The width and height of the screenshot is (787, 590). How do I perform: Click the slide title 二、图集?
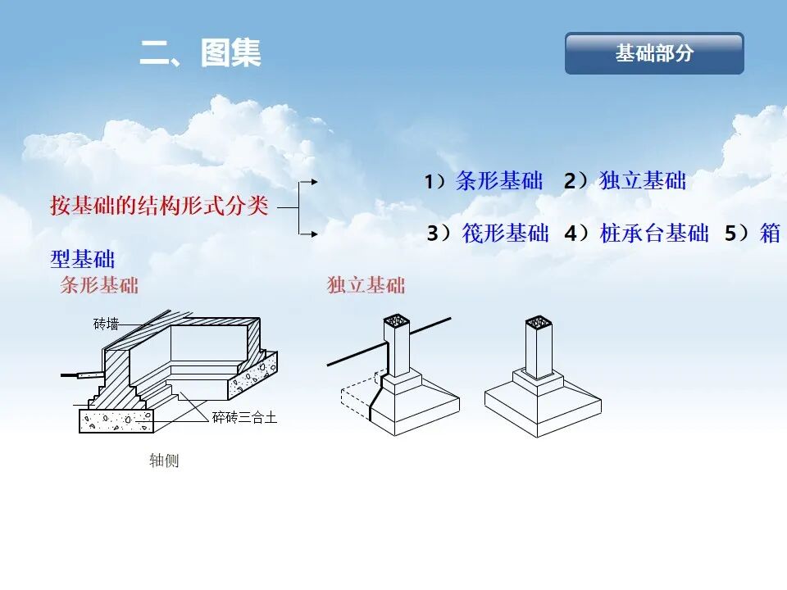tap(200, 54)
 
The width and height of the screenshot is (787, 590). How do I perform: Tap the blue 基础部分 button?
tap(654, 54)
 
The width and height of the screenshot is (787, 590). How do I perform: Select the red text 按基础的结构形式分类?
tap(159, 206)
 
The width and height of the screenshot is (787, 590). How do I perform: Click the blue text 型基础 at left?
tap(82, 260)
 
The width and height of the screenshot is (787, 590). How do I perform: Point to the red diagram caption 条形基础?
tap(99, 285)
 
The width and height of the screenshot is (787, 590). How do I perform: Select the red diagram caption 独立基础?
tap(366, 285)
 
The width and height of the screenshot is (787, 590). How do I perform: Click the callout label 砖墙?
tap(106, 324)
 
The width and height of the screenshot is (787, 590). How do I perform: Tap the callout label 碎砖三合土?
tap(244, 418)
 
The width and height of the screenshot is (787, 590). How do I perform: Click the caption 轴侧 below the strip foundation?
tap(164, 461)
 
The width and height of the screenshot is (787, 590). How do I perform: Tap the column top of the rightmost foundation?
tap(539, 321)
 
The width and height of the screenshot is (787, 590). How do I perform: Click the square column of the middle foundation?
tap(399, 348)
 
